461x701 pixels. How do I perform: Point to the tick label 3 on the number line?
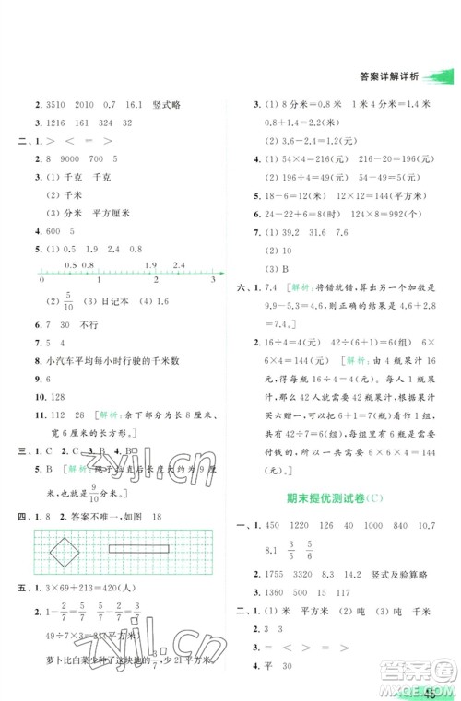(213, 279)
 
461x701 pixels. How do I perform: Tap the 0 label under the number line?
(43, 279)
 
